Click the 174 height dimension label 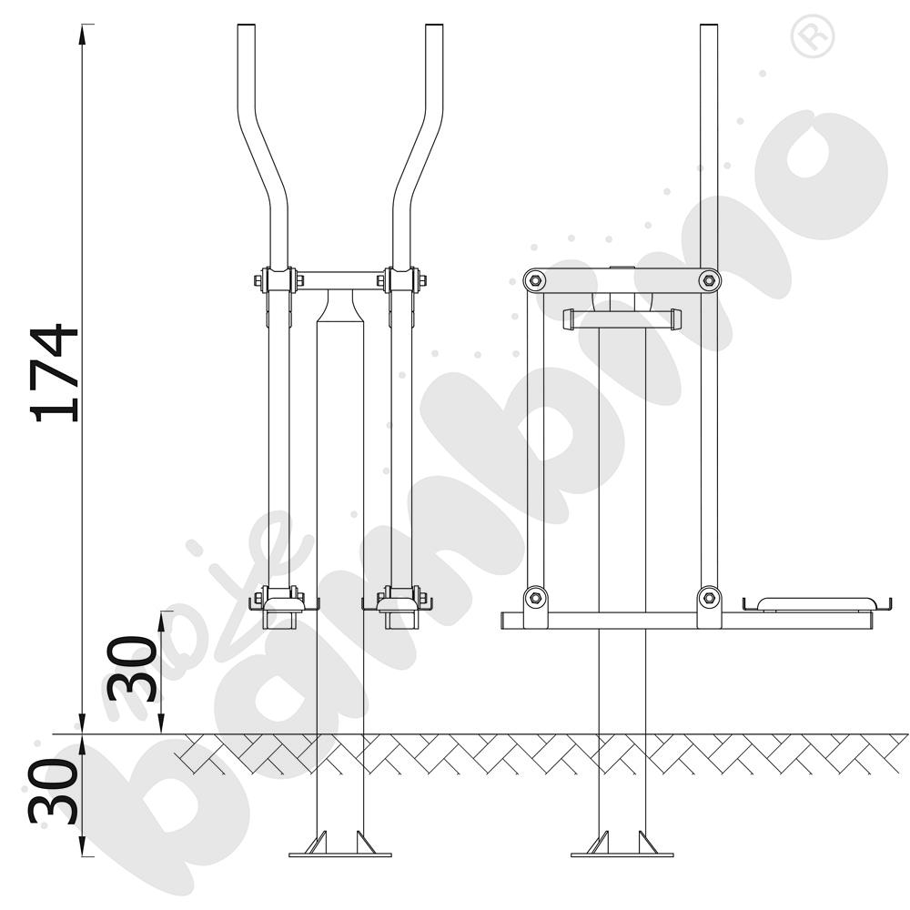56,373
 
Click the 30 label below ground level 54,792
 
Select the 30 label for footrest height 132,669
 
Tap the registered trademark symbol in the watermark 812,35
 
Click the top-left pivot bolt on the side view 534,281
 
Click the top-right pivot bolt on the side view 709,281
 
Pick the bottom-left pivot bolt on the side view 534,597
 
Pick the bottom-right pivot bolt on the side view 709,597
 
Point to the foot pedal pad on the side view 816,603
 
